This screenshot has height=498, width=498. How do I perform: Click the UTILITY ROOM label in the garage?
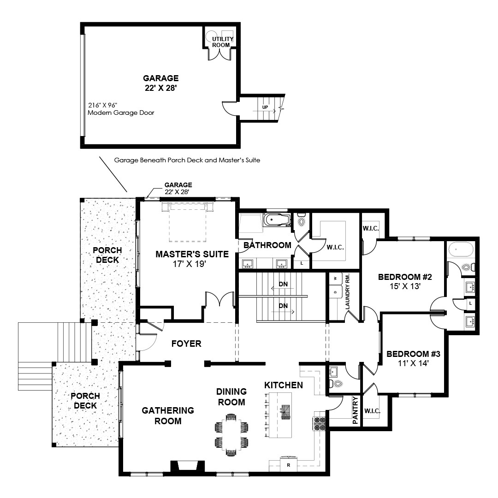(x=223, y=42)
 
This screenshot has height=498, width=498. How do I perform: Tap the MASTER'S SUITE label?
(x=192, y=254)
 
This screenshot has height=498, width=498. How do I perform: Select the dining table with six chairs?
(x=231, y=434)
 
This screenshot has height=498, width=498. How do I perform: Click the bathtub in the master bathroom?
(x=277, y=220)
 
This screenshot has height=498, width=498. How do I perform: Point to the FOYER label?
(x=186, y=344)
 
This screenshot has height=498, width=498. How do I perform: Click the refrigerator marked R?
(x=288, y=465)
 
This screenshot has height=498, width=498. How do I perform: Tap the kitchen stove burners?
(x=320, y=424)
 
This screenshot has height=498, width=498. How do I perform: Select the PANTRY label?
(x=355, y=410)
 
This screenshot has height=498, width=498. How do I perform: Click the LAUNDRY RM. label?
(x=347, y=291)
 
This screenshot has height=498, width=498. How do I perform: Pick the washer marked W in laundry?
(x=335, y=278)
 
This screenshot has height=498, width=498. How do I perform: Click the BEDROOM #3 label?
(x=413, y=354)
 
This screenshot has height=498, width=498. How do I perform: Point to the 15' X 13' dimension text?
(x=405, y=286)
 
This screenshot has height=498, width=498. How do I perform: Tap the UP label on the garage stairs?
(x=265, y=107)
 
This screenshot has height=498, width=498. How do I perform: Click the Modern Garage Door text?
(x=121, y=113)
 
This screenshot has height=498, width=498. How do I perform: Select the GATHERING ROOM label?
(x=168, y=416)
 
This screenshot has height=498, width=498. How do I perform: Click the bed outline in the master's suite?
(x=187, y=222)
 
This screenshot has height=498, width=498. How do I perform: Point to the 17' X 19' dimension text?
(x=190, y=264)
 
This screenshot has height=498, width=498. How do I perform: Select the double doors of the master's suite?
(x=220, y=298)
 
